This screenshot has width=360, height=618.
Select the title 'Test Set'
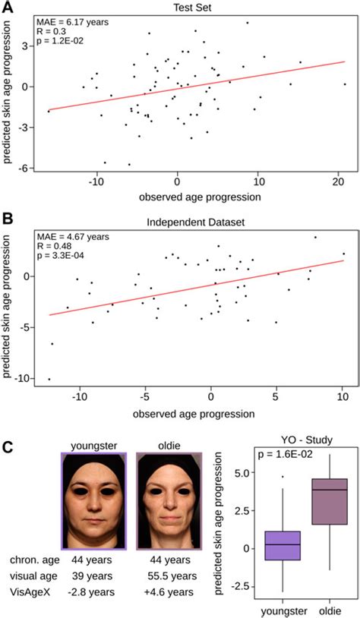[x=193, y=7]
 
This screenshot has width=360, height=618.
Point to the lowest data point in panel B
[x=49, y=379]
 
